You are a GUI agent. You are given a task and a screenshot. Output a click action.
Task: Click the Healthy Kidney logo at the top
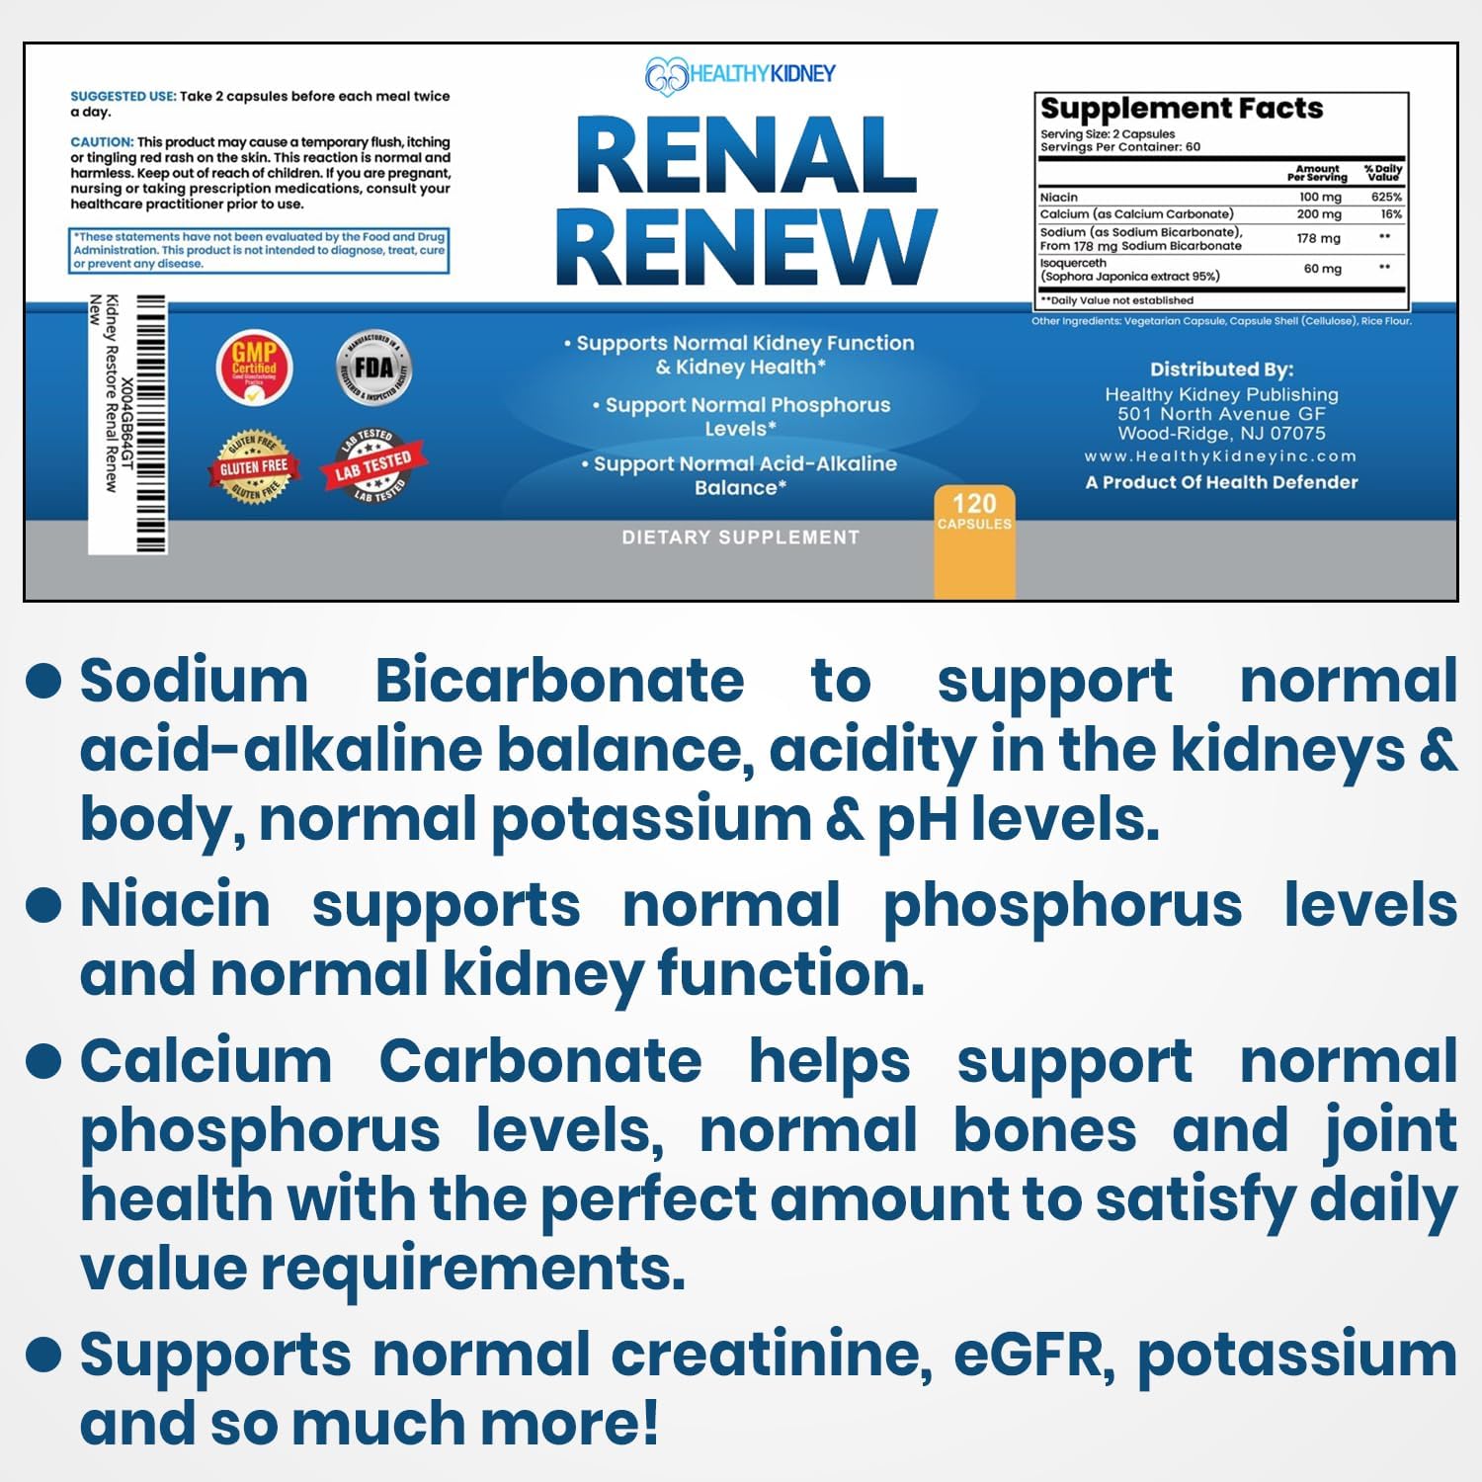(x=740, y=74)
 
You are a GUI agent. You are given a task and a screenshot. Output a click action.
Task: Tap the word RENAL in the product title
(x=746, y=156)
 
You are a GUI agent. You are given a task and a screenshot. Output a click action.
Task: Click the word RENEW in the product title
(x=746, y=247)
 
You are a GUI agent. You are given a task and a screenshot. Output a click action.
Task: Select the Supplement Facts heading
(x=1181, y=108)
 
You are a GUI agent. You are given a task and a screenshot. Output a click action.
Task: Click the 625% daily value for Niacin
(x=1385, y=198)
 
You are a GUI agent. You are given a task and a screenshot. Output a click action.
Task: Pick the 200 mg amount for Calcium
(x=1319, y=214)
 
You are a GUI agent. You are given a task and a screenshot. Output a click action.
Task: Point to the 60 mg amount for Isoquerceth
(x=1322, y=269)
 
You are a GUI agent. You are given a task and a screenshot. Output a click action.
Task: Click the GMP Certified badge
(x=254, y=368)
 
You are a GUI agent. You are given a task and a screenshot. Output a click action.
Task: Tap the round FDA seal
(x=373, y=368)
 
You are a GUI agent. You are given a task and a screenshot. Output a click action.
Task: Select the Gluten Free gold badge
(x=254, y=466)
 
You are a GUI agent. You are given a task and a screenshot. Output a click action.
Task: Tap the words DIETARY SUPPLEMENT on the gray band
(x=740, y=537)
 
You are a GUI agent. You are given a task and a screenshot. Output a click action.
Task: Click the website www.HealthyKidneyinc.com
(x=1220, y=456)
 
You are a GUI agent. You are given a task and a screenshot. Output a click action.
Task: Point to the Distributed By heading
(x=1221, y=370)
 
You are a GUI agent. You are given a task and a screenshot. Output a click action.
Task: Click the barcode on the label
(x=150, y=425)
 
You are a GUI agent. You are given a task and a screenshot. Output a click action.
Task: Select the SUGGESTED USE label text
(x=123, y=97)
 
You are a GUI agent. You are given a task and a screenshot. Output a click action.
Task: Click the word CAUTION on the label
(x=101, y=142)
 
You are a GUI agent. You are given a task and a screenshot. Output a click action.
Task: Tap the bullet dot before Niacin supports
(x=44, y=904)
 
